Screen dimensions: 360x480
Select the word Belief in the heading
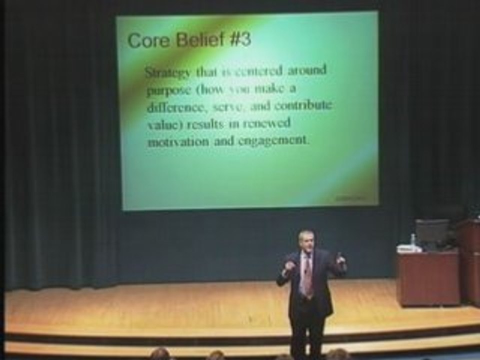click(194, 40)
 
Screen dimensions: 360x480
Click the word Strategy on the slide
click(167, 72)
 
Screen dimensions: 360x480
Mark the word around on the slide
click(306, 70)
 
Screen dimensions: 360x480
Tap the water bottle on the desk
click(413, 240)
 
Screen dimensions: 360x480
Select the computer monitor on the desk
click(432, 232)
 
